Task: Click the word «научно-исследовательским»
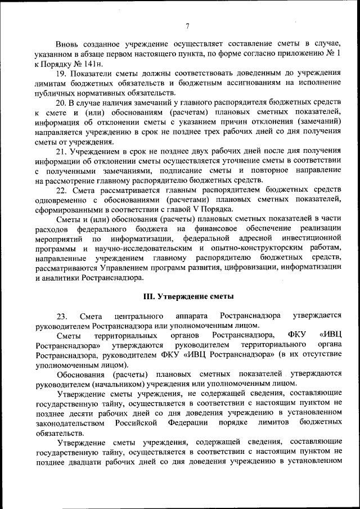[139, 247]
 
